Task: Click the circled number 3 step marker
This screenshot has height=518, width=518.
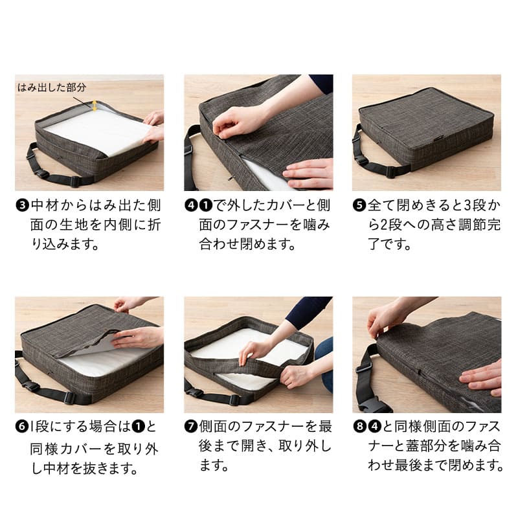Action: (x=23, y=205)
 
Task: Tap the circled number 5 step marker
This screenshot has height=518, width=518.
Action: (x=359, y=205)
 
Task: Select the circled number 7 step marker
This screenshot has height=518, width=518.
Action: (x=191, y=426)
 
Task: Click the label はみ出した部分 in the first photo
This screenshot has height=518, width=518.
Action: (x=52, y=87)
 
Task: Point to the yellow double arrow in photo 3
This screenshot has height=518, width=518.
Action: (x=95, y=106)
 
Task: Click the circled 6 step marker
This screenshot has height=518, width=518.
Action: (x=23, y=426)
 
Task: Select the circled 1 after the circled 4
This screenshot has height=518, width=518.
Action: (x=206, y=205)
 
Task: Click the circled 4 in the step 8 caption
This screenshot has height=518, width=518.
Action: (x=375, y=426)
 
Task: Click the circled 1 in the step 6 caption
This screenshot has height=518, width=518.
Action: (x=138, y=426)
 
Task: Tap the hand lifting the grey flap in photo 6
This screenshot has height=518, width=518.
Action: (x=139, y=337)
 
